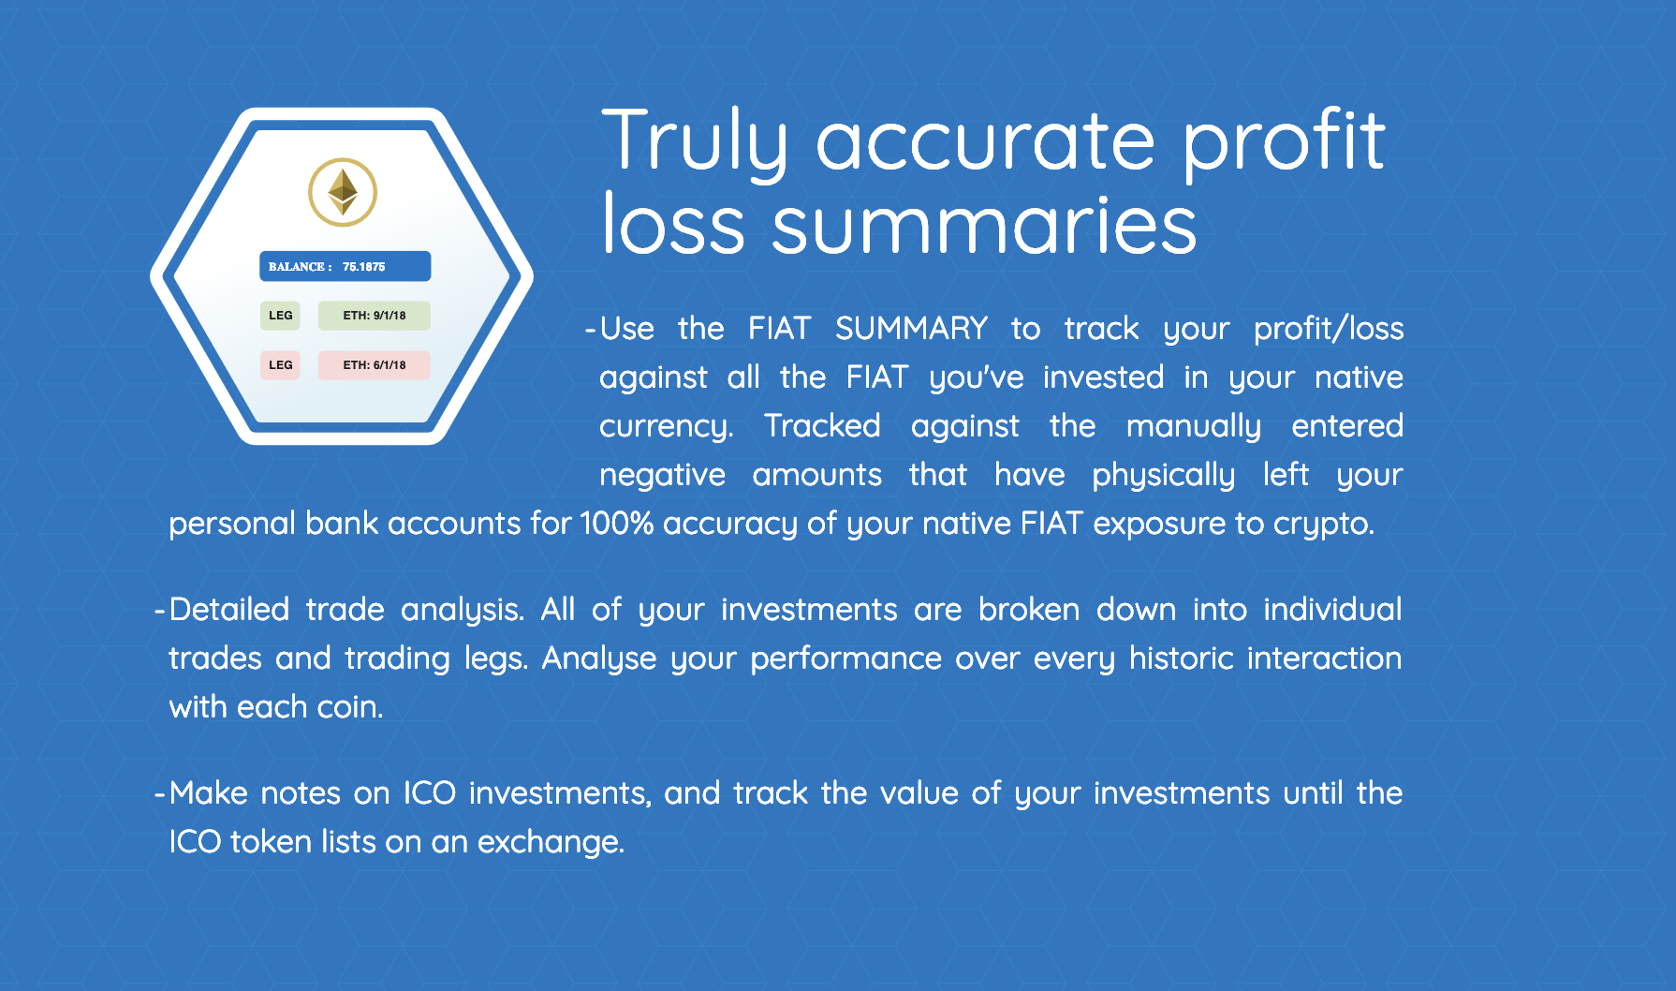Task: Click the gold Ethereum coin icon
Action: point(343,192)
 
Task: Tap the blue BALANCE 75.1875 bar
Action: point(345,266)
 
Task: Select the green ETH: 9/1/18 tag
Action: point(374,316)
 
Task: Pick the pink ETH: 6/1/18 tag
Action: point(374,365)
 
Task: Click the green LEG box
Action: point(280,316)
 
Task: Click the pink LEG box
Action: point(280,365)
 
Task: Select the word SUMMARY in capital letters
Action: point(911,329)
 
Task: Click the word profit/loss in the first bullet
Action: point(1328,329)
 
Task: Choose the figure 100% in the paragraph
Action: point(616,523)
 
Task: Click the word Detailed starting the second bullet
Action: point(229,610)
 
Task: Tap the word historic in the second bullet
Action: point(1182,658)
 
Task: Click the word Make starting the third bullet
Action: point(208,793)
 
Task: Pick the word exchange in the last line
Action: point(549,842)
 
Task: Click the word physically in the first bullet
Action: point(1163,475)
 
